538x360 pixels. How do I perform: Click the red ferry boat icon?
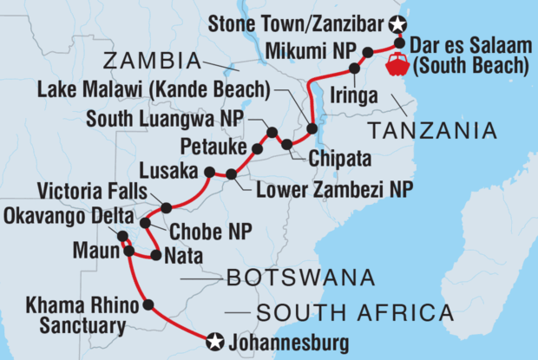401,64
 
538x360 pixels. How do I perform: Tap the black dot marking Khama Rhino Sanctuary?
148,304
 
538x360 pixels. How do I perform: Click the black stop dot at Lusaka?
209,173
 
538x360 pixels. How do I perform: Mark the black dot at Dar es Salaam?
399,42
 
